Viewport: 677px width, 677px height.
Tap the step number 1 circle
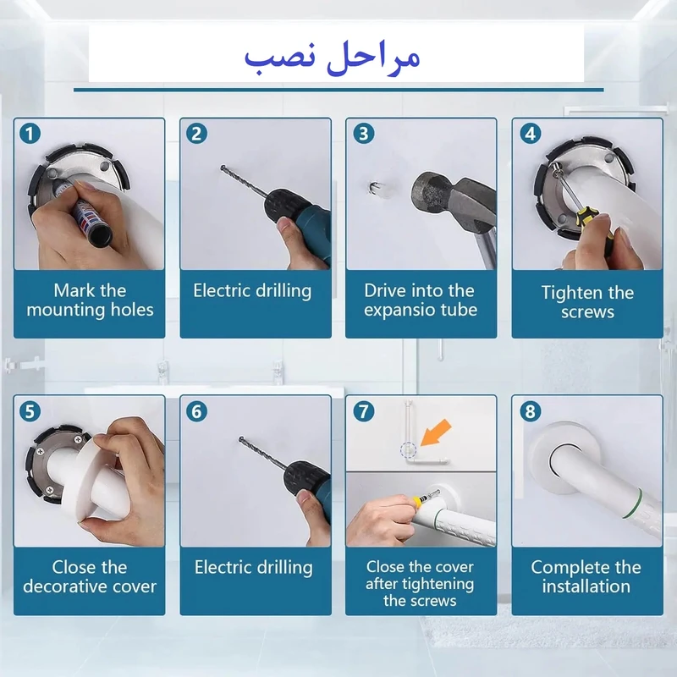(x=30, y=134)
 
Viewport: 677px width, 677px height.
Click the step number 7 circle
(x=364, y=412)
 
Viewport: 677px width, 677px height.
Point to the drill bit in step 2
(x=241, y=183)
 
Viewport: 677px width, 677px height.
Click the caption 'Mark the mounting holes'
(x=90, y=300)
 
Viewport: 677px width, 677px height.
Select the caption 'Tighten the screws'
(x=587, y=302)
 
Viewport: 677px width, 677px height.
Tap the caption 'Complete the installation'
(x=586, y=576)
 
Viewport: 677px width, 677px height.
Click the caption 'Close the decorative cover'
(x=90, y=576)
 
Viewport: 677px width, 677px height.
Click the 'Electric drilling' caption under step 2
(x=252, y=291)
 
